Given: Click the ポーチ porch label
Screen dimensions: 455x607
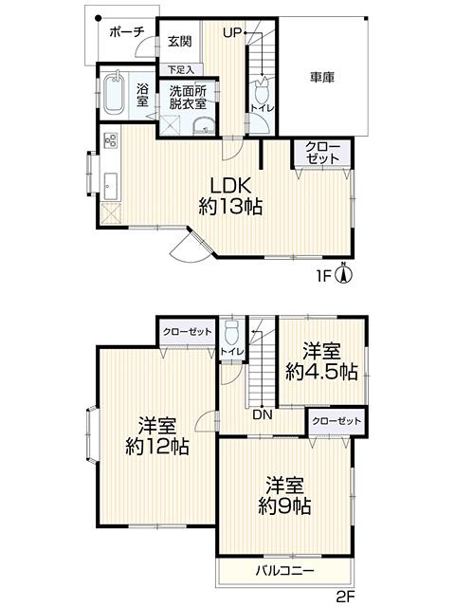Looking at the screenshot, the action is coord(126,31).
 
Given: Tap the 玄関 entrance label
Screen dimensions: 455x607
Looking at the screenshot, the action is coord(179,41).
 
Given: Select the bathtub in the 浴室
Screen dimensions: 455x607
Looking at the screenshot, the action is coord(115,93).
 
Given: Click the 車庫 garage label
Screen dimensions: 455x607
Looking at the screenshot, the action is coord(322,77).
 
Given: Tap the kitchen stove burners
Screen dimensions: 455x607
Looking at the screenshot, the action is coord(111,139).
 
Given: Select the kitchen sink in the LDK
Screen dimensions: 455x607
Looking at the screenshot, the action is coord(111,186).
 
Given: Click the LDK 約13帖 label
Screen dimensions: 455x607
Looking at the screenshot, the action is coord(230,195).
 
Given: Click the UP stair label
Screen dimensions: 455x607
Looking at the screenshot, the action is coord(232,33).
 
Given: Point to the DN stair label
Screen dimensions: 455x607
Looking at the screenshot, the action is coord(263,415).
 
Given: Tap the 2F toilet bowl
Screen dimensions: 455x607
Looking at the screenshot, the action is coord(232,332).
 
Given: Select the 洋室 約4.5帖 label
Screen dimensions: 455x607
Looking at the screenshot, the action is coord(321,361).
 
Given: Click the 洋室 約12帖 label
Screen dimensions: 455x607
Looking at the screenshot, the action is coord(157,435).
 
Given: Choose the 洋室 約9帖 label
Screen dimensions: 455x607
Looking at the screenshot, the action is coord(284,496).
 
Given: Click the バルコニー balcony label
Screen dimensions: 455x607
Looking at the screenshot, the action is coord(284,570).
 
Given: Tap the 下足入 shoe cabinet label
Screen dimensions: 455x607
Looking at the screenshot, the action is coord(180,69).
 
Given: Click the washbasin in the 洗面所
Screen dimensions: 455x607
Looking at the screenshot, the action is coord(204,127).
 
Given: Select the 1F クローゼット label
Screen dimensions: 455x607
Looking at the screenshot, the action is coord(322,153).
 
